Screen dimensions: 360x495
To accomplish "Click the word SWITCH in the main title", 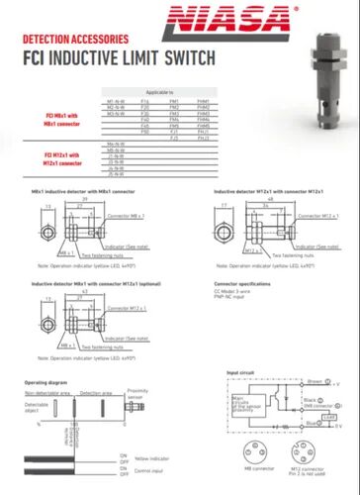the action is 181,56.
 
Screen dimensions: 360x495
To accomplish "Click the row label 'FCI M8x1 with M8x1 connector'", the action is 59,120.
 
